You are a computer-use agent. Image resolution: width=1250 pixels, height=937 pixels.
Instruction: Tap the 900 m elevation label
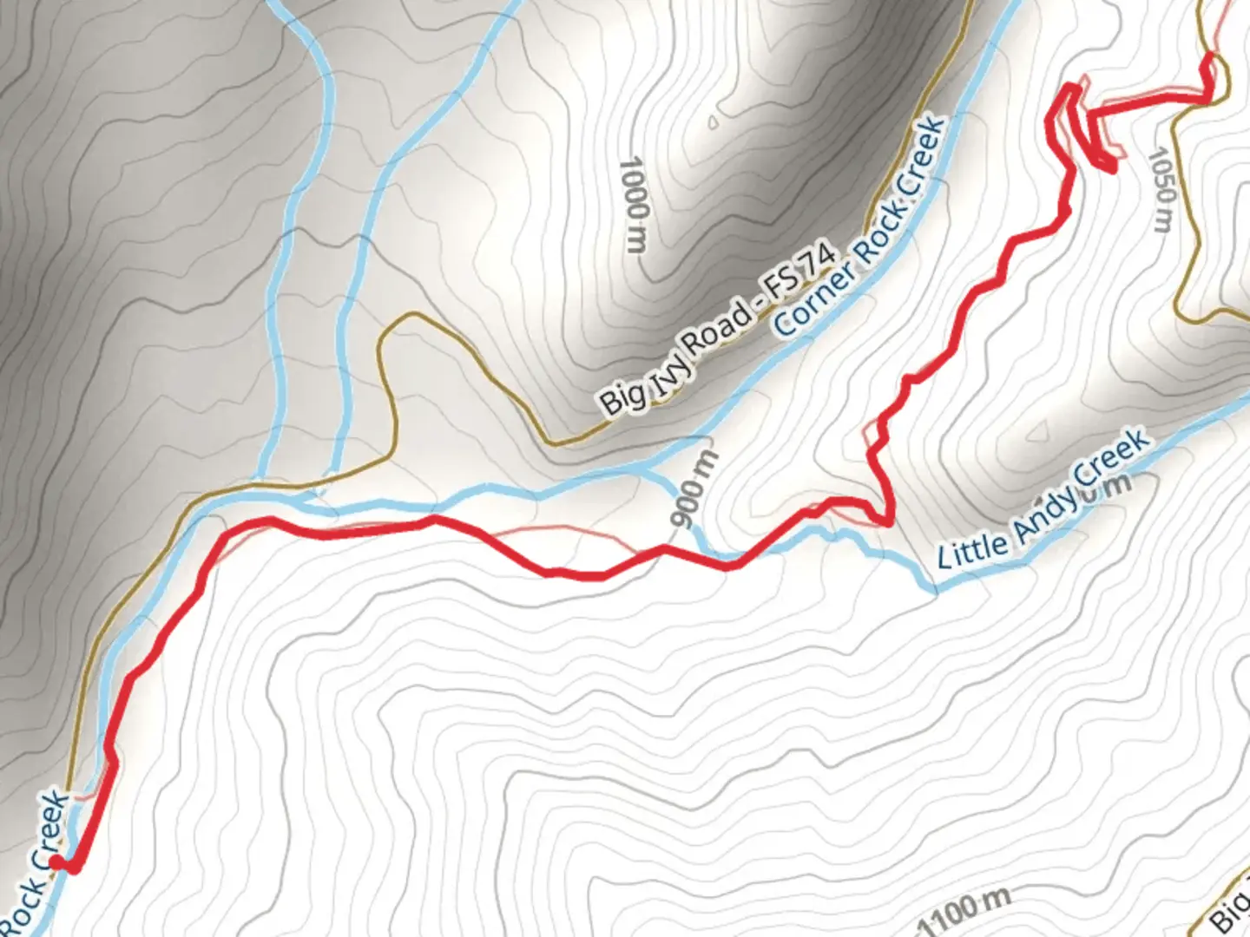click(x=694, y=489)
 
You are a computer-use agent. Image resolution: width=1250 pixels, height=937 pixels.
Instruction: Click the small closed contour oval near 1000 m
click(x=714, y=122)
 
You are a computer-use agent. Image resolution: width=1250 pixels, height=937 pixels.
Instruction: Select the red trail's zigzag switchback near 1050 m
click(x=1085, y=130)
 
